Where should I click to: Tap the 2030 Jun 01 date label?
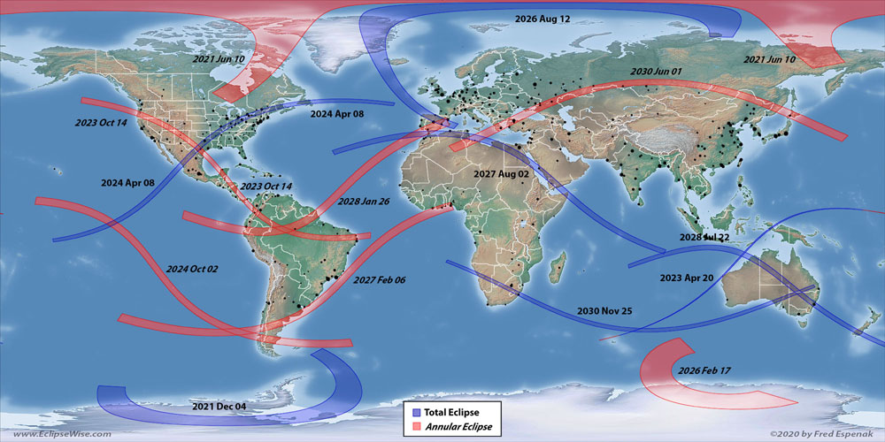point(657,72)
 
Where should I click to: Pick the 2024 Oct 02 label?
point(191,268)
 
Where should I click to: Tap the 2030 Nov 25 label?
point(604,311)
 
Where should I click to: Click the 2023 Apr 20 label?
point(687,278)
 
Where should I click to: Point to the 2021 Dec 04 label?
point(219,406)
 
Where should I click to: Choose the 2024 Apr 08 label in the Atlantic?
point(337,114)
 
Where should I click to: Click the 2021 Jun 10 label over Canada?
point(219,58)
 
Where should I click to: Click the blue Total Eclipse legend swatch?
point(413,412)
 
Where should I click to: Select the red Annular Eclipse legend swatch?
point(413,427)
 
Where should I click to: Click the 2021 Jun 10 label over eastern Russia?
point(770,59)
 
